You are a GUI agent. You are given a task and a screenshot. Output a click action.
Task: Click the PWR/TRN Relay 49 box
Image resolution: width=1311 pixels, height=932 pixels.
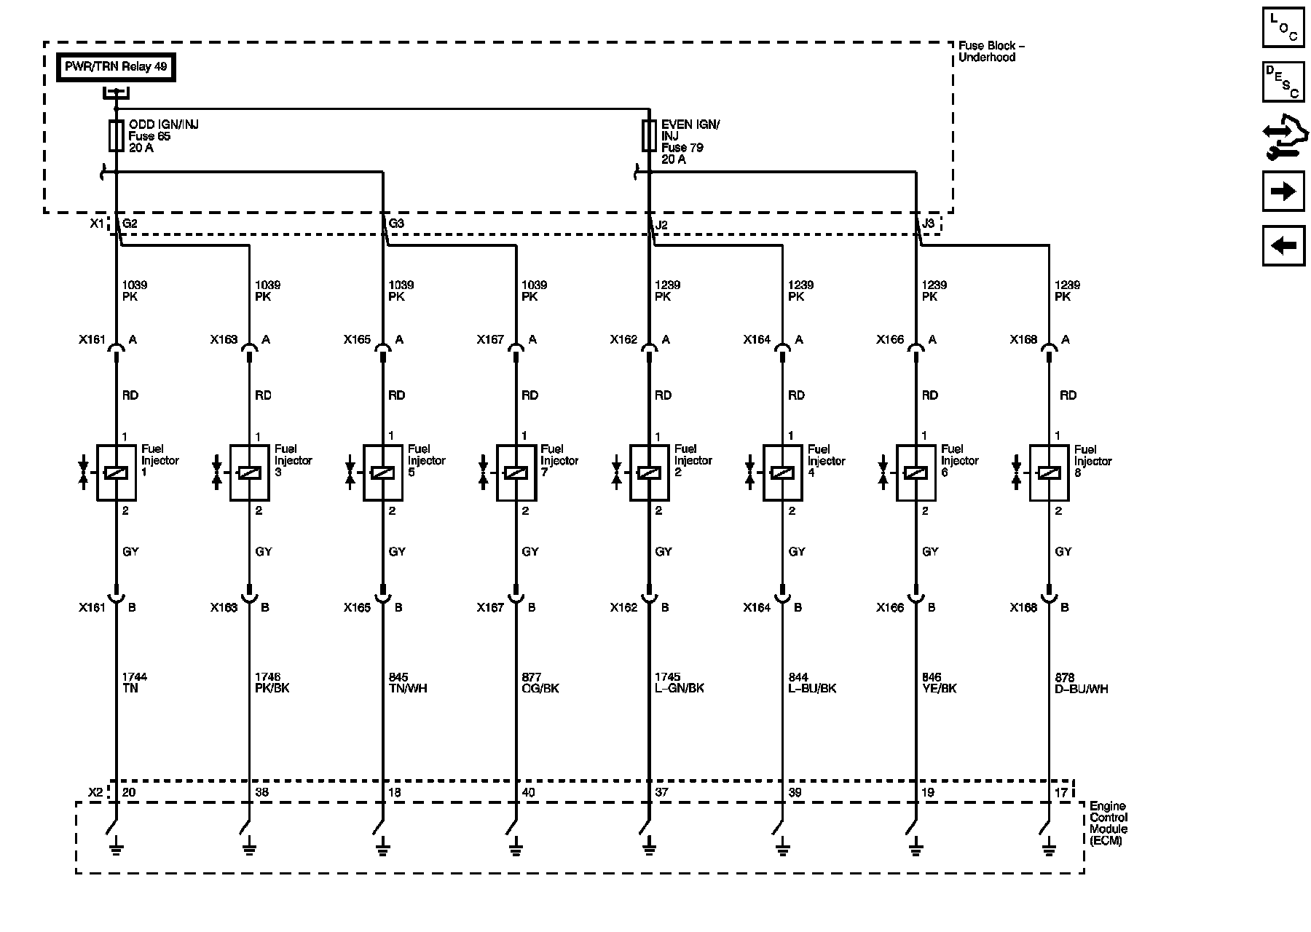point(117,68)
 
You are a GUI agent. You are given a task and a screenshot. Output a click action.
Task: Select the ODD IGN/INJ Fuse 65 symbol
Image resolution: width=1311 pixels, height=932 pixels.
point(116,136)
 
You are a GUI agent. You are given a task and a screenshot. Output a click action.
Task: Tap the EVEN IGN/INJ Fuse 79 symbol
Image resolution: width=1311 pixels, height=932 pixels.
point(649,136)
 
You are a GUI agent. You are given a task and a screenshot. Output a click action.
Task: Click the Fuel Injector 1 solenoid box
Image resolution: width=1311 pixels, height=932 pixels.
point(117,473)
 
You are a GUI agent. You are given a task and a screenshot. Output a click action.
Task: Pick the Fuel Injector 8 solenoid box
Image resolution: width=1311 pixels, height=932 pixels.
point(1049,473)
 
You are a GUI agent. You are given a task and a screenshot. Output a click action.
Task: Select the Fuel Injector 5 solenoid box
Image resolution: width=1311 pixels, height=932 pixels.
point(383,473)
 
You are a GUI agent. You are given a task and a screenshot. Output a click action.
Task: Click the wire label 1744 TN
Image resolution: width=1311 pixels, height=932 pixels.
point(135,682)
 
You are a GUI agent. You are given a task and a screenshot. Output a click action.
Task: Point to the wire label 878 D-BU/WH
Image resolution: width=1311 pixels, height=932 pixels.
point(1081,683)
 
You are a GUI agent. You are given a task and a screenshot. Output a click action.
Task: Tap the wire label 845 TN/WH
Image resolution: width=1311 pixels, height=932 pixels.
point(407,682)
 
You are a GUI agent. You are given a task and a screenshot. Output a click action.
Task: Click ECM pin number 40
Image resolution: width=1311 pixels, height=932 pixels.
point(529,792)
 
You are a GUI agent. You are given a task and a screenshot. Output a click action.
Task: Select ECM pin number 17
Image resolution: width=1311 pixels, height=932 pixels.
point(1061,792)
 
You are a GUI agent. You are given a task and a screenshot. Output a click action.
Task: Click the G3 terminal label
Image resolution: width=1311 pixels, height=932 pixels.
point(396,224)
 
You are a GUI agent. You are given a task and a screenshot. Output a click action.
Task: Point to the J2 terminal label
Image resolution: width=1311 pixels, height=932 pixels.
point(661,225)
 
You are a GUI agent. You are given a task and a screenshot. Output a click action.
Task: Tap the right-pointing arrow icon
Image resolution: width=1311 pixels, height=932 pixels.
point(1283,191)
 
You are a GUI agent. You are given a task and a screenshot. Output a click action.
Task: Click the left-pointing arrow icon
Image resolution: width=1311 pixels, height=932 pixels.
point(1283,245)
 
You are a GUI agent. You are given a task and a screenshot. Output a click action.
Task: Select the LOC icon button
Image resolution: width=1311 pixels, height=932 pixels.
point(1283,27)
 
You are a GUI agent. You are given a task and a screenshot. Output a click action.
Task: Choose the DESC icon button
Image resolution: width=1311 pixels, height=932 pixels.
point(1283,82)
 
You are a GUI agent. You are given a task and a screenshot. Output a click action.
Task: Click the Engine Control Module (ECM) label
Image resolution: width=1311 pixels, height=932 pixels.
point(1108,824)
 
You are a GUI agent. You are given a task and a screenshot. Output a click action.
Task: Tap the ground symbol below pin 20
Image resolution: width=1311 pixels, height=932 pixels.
point(116,848)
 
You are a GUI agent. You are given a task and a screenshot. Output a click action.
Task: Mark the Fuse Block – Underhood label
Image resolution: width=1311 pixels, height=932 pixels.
point(991,52)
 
